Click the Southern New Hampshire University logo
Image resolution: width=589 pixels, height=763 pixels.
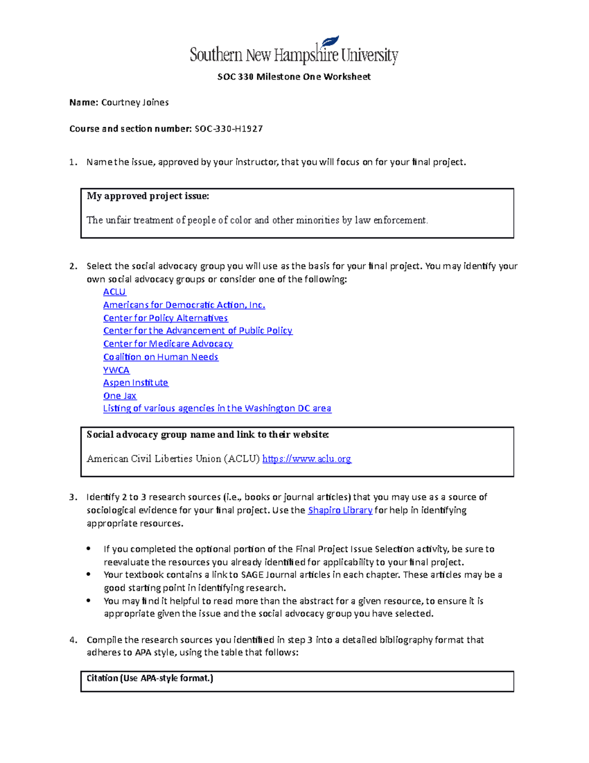click(x=294, y=51)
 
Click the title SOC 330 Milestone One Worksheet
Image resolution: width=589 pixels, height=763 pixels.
click(x=294, y=77)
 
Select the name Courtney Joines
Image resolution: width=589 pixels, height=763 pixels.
click(x=135, y=102)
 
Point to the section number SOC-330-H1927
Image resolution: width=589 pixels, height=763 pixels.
click(x=229, y=129)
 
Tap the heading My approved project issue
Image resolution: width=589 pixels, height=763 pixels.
click(x=148, y=196)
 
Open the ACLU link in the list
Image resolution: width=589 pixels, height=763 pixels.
click(x=114, y=292)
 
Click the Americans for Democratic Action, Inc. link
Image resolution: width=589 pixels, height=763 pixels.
click(x=184, y=305)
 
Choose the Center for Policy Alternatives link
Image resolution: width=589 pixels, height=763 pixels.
click(x=165, y=318)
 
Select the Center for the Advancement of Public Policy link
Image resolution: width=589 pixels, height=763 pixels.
click(x=198, y=331)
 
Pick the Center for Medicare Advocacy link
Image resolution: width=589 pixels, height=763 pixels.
click(x=168, y=344)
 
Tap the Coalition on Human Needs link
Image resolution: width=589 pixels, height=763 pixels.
click(x=161, y=357)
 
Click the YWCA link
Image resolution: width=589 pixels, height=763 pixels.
click(x=116, y=370)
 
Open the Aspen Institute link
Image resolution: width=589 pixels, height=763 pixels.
click(x=135, y=383)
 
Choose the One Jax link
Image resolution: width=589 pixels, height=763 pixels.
click(x=120, y=396)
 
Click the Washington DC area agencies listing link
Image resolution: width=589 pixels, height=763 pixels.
click(x=217, y=408)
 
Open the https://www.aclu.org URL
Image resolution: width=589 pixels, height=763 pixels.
click(x=307, y=459)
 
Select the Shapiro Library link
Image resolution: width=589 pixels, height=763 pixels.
click(x=340, y=510)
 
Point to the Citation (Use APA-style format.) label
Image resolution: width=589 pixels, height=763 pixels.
click(x=150, y=678)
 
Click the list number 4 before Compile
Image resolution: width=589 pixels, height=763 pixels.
click(x=73, y=640)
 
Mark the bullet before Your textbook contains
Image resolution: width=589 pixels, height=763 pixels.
click(x=88, y=574)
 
